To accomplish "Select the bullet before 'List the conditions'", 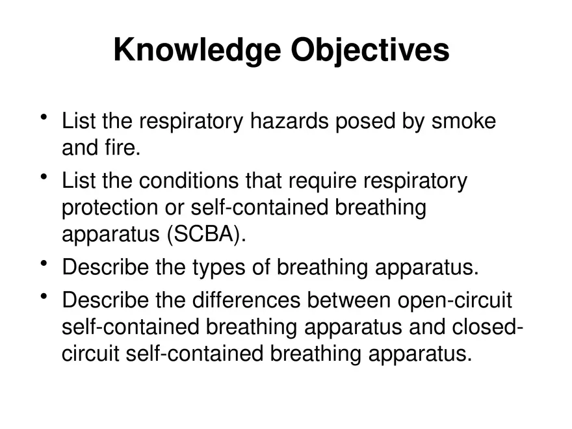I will [44, 177].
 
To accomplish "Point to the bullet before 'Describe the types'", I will [44, 263].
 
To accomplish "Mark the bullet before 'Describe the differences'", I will [44, 297].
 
